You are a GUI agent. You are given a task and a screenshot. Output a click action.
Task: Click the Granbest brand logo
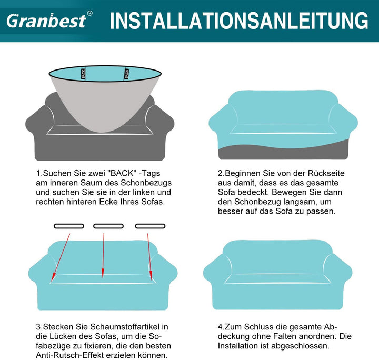[46, 21]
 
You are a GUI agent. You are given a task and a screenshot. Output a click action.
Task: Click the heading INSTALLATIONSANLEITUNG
[239, 21]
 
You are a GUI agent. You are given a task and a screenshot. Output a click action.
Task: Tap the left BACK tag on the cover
[83, 74]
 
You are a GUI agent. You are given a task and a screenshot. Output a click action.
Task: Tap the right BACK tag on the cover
[126, 74]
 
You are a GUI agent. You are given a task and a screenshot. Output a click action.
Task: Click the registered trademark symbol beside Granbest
[89, 13]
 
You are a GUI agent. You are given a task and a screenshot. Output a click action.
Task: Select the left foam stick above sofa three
[69, 226]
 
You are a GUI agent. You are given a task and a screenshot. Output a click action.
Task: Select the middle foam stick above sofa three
[108, 226]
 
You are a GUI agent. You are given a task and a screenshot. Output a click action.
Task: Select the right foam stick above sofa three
[150, 226]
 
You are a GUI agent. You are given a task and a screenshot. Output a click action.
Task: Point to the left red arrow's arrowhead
[53, 275]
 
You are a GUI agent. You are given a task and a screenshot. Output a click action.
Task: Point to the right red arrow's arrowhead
[151, 275]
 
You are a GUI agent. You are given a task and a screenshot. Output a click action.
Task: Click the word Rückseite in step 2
[326, 173]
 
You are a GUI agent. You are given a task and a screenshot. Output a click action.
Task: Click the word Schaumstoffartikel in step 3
[125, 327]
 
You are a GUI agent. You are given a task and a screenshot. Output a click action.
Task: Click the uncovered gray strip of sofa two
[283, 152]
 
